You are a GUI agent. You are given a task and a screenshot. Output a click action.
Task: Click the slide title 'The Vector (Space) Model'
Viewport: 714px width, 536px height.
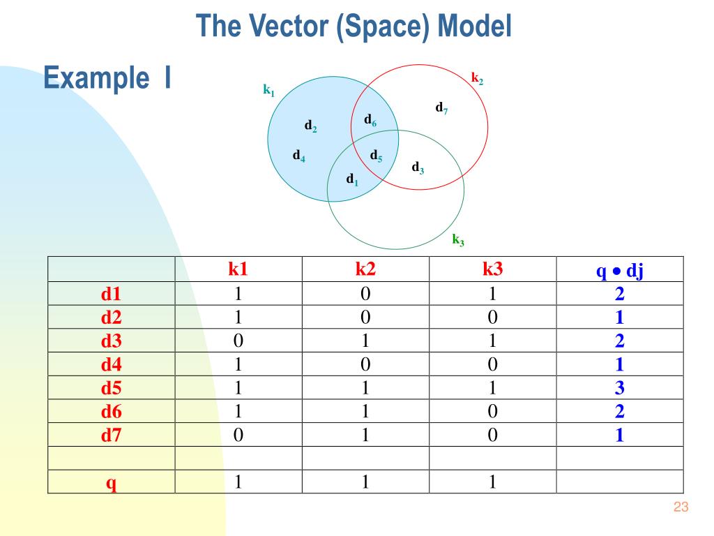354,27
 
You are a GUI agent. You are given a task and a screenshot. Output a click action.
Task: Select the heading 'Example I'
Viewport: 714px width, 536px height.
107,78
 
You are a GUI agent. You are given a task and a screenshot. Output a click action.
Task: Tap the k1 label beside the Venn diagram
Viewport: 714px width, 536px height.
269,90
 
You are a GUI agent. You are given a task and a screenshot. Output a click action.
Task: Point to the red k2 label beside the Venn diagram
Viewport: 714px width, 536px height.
477,78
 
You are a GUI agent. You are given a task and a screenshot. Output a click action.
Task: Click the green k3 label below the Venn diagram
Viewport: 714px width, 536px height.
458,240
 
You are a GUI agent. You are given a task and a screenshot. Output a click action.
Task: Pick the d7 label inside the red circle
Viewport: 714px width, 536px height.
441,108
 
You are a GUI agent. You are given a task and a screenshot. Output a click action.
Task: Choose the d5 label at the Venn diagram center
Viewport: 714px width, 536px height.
376,156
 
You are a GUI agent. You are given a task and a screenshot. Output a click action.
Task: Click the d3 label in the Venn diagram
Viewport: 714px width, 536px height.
418,168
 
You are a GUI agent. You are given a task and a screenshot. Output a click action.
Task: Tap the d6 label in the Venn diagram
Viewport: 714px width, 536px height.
370,120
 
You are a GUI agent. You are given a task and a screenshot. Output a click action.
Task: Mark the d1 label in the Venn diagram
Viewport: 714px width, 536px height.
352,179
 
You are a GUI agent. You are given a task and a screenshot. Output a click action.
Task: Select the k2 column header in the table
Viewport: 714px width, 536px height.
365,269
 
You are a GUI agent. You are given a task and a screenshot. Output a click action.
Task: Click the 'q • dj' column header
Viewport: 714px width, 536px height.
620,271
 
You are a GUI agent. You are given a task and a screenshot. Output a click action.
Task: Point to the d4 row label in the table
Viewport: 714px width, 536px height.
111,364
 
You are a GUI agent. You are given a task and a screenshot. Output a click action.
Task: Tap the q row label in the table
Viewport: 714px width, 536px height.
111,483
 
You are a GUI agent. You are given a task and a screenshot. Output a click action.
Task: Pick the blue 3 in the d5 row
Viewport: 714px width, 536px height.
620,387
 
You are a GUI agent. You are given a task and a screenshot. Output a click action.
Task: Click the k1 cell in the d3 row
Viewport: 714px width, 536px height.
238,341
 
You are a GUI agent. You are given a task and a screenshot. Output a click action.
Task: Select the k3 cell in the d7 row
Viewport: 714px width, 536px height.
492,435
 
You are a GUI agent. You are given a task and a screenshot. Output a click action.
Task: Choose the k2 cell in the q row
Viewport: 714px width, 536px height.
365,482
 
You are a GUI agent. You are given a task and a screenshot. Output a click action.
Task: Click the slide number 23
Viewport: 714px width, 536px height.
681,507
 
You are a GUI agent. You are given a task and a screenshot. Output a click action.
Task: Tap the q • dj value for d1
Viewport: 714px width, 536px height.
620,294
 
